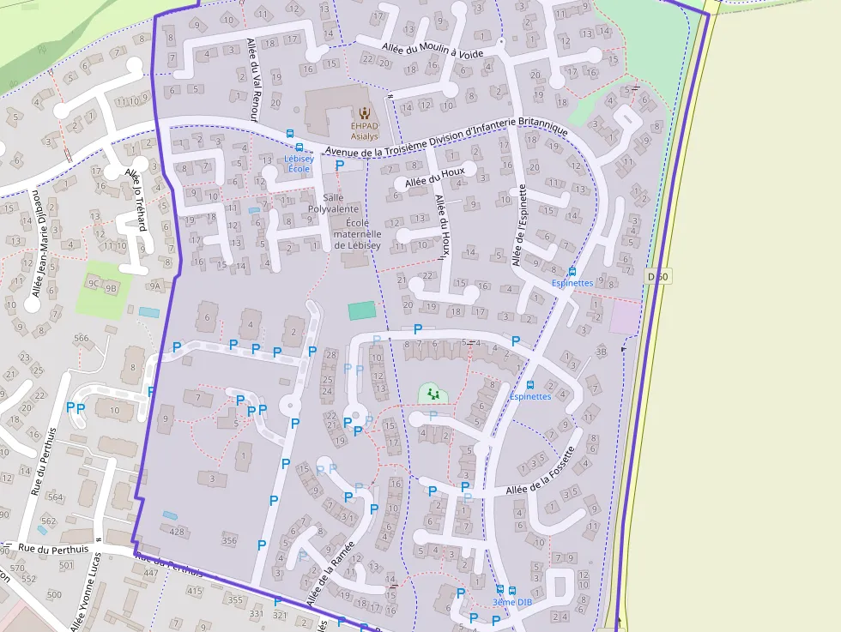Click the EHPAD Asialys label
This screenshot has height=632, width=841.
(364, 130)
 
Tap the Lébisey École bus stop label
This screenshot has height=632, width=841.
(299, 163)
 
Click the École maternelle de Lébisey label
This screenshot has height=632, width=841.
(356, 227)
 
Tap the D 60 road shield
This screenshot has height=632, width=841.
(658, 276)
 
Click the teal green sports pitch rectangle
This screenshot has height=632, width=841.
(361, 310)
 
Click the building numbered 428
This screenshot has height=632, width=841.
(177, 532)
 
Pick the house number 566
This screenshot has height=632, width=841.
(82, 338)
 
